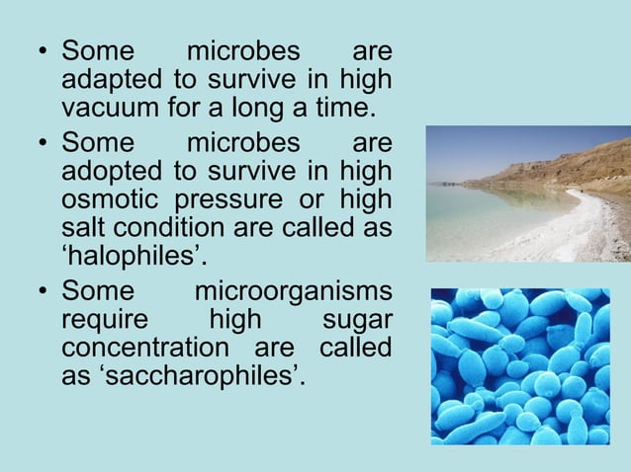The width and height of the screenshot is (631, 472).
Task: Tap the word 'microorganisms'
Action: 293,293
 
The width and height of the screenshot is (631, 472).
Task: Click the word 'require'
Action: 103,321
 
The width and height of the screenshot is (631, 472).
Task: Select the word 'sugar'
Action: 357,321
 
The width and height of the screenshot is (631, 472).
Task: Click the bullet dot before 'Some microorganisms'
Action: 42,294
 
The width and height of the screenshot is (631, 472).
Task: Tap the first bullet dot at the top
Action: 42,51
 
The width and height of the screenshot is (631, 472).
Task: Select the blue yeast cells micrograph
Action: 520,365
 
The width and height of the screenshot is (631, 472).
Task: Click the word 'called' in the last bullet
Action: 355,349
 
